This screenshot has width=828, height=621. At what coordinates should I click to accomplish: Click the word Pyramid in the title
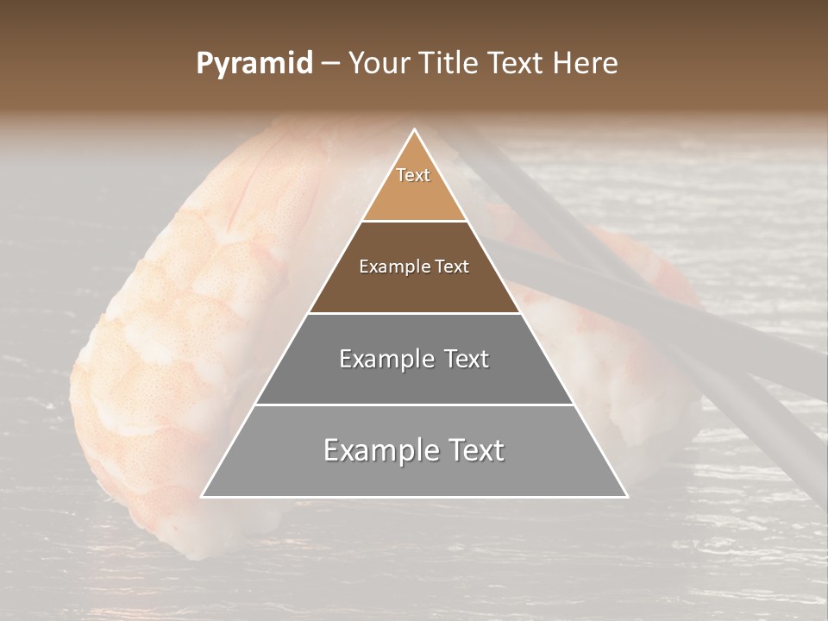254,64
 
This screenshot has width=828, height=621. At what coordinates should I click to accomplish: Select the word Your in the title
378,64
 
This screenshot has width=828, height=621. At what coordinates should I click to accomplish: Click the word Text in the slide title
517,64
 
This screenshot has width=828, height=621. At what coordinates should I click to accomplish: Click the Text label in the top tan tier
413,175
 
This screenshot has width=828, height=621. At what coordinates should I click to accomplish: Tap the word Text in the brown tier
450,267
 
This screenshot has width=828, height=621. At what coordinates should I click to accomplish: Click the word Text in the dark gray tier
467,359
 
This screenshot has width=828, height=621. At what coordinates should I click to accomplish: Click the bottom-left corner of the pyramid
203,496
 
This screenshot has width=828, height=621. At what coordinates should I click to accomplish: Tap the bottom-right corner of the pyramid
626,496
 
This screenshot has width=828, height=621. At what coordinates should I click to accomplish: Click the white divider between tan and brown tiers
414,221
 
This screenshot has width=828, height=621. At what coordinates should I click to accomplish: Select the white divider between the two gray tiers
414,405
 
